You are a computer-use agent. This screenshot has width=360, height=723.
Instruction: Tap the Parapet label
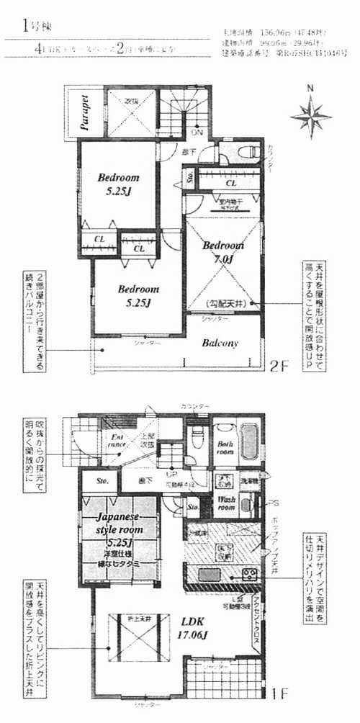(x=85, y=113)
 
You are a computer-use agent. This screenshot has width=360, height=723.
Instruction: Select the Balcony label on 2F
(x=220, y=343)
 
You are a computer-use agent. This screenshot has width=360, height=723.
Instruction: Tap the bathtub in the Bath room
(x=250, y=441)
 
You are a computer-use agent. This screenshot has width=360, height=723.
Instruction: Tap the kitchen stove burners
(x=248, y=574)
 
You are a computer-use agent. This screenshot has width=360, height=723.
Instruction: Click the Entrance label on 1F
(x=117, y=441)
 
